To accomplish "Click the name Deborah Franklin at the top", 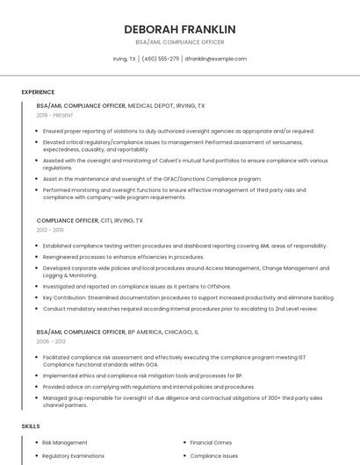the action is click(179, 29).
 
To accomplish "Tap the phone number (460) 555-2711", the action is click(161, 59).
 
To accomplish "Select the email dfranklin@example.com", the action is click(216, 59).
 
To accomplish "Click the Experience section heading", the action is click(38, 92).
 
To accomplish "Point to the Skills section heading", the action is click(31, 426).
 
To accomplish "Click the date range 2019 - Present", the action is click(55, 115).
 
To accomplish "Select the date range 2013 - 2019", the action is click(50, 230).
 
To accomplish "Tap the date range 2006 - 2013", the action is click(50, 341).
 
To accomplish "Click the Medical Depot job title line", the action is click(120, 105).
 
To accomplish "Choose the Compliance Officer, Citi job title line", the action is click(90, 220).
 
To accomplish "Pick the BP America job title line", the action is click(118, 333).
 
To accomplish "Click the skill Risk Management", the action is click(64, 443).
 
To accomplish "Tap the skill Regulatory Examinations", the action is click(75, 456).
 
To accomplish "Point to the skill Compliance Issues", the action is click(214, 456).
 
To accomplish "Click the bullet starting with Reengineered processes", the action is click(123, 257).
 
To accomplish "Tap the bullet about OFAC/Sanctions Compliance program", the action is click(152, 178).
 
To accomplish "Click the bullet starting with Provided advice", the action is click(148, 386).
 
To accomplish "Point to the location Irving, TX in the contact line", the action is click(125, 59).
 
